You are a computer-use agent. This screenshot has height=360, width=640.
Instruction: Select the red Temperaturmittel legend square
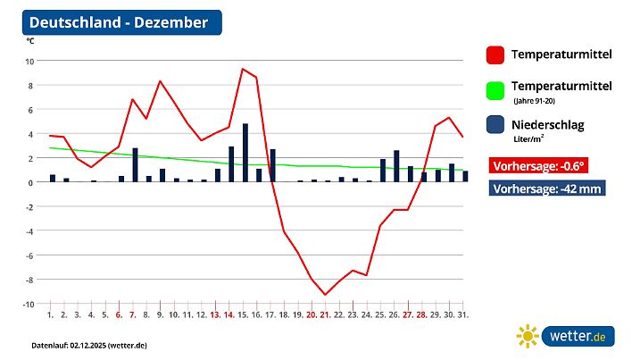tap(495, 55)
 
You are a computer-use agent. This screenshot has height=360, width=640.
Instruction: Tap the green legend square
tap(495, 90)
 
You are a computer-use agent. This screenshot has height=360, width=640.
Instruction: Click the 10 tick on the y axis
tap(29, 61)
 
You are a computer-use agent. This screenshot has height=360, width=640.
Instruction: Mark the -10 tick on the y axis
tap(28, 304)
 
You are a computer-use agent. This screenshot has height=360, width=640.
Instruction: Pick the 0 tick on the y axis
tap(31, 182)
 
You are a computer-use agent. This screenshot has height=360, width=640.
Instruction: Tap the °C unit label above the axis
tap(30, 42)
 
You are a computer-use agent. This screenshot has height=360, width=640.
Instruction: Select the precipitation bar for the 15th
tap(245, 153)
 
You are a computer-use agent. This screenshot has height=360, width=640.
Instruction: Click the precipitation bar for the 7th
tap(136, 165)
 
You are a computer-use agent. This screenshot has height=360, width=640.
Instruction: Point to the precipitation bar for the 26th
tap(396, 166)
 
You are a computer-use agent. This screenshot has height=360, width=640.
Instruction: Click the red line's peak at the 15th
tap(243, 69)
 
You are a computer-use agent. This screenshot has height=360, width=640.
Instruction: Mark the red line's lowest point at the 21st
tap(326, 294)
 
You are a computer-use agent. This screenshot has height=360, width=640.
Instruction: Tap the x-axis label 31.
tap(463, 314)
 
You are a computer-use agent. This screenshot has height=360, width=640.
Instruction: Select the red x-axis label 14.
tap(229, 314)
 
